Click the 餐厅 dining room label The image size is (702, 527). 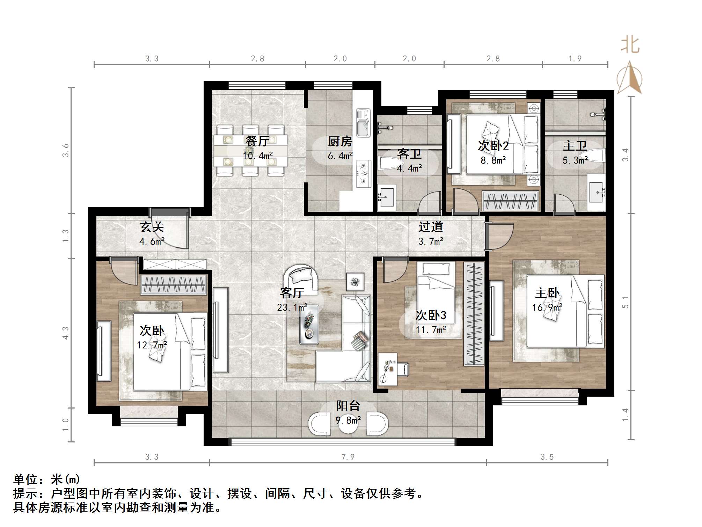257,141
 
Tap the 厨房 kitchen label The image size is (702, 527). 340,141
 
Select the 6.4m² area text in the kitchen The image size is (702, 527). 340,156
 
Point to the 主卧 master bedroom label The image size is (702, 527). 547,293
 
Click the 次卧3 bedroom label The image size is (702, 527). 431,315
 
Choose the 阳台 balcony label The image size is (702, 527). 348,406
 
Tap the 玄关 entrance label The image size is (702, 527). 152,227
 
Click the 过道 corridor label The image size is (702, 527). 431,227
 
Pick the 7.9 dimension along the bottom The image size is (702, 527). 348,457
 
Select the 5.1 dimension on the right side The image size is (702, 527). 625,303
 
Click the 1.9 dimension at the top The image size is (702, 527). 575,59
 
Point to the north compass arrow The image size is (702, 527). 629,78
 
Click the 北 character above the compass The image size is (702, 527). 630,45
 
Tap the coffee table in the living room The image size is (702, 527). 309,325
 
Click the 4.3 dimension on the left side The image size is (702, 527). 65,333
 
